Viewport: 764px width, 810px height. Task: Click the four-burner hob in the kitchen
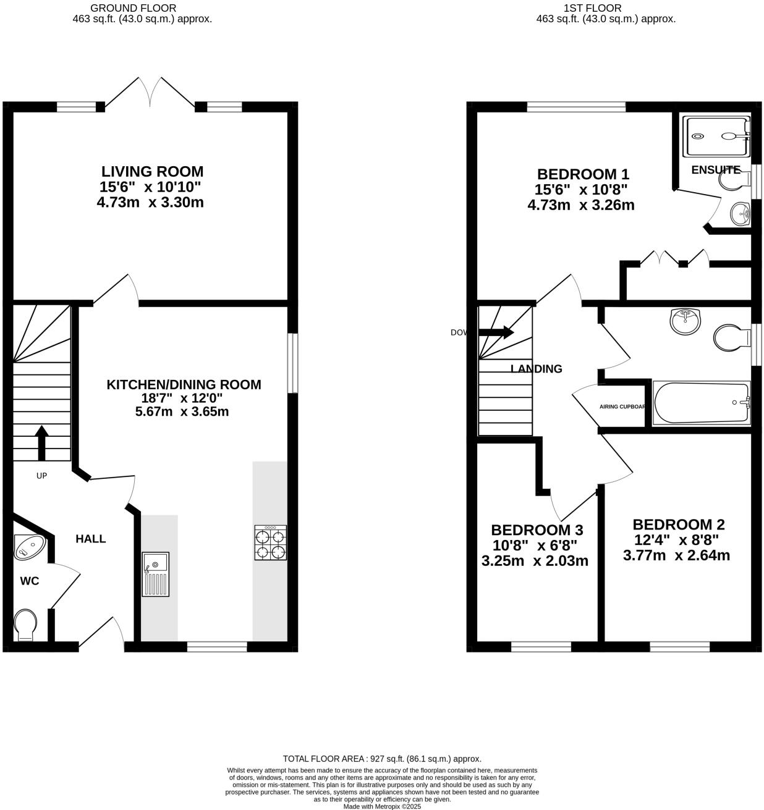(x=270, y=542)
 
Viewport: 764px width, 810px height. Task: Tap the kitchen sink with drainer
(x=155, y=574)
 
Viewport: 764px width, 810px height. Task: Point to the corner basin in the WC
(x=28, y=546)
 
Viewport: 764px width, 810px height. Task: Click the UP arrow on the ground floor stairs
(x=41, y=442)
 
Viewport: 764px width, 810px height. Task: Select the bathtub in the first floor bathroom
(x=701, y=403)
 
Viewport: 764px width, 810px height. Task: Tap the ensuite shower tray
(x=716, y=135)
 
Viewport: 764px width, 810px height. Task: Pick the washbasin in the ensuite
(x=740, y=214)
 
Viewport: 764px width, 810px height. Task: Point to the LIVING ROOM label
(x=152, y=171)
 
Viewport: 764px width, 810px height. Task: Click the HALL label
(x=91, y=539)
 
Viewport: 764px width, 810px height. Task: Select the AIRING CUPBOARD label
(x=622, y=407)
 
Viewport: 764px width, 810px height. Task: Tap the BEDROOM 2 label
(x=678, y=525)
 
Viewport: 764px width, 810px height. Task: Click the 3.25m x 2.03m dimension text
(x=535, y=561)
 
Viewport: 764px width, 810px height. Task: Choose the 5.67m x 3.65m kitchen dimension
(x=182, y=411)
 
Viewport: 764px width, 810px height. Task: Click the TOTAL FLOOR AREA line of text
(x=381, y=759)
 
